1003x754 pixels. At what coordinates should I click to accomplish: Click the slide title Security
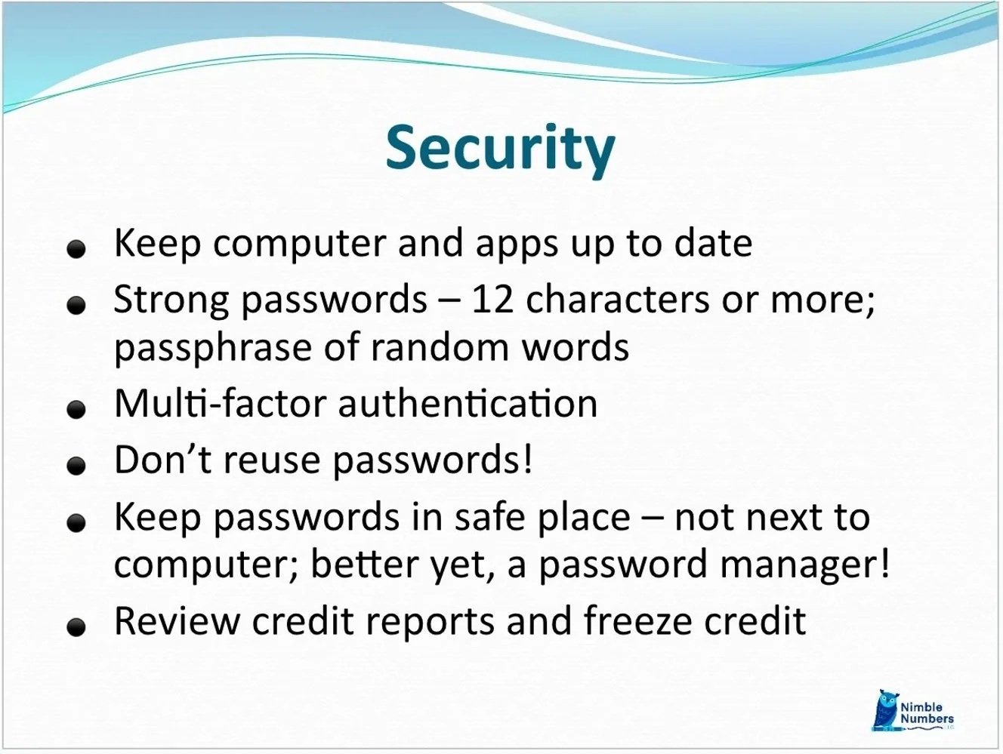click(500, 148)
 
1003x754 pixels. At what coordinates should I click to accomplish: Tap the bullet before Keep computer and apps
click(75, 250)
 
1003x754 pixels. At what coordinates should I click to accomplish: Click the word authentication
click(468, 403)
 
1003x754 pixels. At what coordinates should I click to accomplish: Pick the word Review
click(177, 621)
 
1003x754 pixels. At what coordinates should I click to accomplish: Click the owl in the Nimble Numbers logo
click(884, 710)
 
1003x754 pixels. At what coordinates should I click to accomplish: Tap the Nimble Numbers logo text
click(925, 713)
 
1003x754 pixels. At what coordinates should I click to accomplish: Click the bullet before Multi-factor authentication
click(75, 411)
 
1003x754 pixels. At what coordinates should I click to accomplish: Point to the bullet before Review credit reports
click(75, 628)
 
